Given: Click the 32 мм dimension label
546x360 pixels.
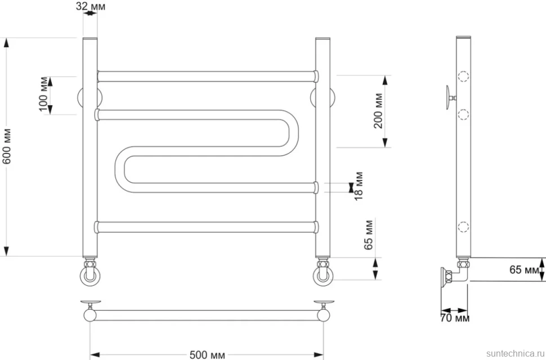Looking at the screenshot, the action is [x=91, y=6].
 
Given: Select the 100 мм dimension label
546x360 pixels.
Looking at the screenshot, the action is [x=44, y=94].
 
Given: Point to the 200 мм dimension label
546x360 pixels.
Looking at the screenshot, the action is [x=379, y=111].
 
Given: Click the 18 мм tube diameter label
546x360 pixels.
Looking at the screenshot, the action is [x=359, y=186].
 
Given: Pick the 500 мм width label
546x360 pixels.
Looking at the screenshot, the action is [x=207, y=355].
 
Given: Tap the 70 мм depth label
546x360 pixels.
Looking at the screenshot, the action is [x=455, y=318].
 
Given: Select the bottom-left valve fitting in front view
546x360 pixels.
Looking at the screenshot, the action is [x=90, y=272].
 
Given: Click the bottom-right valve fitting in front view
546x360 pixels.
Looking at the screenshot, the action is [x=323, y=272].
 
